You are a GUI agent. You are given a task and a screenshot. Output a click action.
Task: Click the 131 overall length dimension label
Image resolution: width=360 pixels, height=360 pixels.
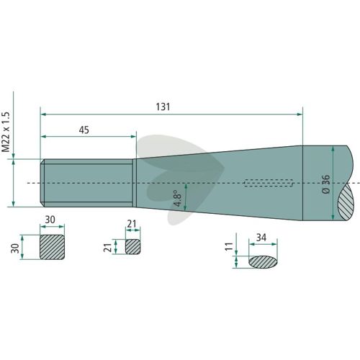point(163,107)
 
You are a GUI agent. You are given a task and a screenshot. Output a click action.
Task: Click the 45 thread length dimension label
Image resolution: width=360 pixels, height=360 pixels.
point(84,130)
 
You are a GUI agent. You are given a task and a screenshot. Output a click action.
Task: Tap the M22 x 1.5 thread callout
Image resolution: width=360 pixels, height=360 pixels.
point(6,132)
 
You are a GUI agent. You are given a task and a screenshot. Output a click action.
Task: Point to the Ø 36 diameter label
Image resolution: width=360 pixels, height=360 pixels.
point(326,184)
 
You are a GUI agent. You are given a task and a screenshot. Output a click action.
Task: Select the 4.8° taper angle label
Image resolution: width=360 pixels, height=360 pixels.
point(179,198)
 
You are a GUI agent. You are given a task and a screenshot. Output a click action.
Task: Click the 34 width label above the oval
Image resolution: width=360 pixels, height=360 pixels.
point(261,238)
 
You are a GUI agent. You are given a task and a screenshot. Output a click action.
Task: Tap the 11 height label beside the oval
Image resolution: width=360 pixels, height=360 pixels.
point(229,247)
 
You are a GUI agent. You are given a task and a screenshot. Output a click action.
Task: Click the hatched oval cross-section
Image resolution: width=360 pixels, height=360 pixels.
point(263,262)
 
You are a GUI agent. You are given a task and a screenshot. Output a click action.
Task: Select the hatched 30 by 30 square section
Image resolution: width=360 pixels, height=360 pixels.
point(52,247)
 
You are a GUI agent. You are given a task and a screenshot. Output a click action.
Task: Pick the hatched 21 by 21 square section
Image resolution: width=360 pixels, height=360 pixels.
point(133,246)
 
